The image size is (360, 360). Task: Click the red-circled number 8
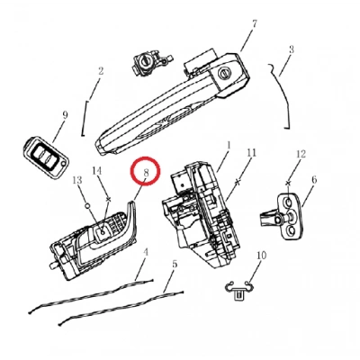coord(146,173)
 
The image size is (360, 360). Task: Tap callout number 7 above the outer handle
coord(255,24)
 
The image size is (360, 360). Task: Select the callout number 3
coord(291,49)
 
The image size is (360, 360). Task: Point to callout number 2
coord(101,71)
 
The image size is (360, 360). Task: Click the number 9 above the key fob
coord(65,115)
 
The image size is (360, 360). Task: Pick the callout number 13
coord(77,180)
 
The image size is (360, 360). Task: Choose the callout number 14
coord(97,171)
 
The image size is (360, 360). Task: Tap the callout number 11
coord(251,153)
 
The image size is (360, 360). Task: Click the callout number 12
coord(301,154)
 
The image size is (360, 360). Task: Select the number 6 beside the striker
coord(314,180)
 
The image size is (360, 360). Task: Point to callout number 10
coord(261,256)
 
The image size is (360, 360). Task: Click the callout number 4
coord(146,253)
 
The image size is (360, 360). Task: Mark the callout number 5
coord(175,265)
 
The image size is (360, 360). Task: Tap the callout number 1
coord(229,146)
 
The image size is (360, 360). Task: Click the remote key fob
coord(46,157)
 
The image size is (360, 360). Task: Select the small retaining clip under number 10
coord(238,291)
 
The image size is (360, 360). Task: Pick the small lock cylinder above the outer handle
coord(150,64)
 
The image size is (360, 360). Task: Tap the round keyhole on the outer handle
coord(224,72)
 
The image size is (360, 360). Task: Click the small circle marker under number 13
coord(87,206)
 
